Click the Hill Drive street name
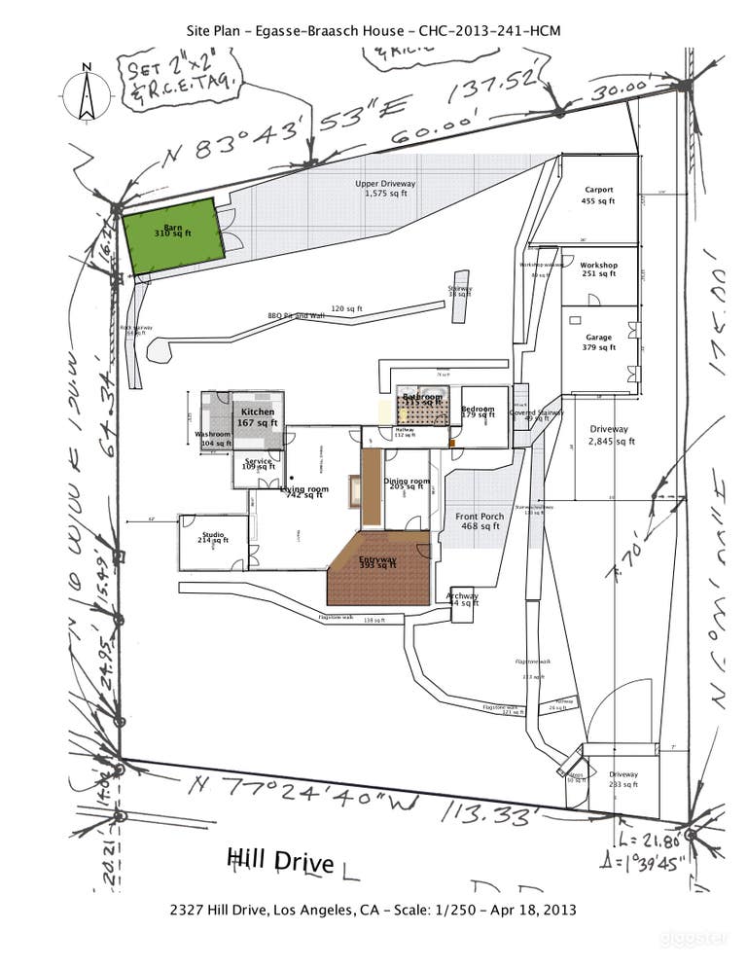pos(280,861)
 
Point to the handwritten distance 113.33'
pos(486,812)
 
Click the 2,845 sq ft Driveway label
pos(609,435)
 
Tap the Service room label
pos(258,464)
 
